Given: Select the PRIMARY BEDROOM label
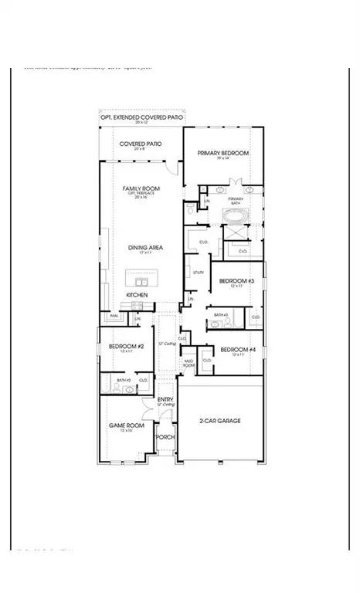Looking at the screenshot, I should tap(223, 154).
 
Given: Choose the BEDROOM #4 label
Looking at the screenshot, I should tap(233, 349).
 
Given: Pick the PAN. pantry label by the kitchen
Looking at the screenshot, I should tap(114, 316).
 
